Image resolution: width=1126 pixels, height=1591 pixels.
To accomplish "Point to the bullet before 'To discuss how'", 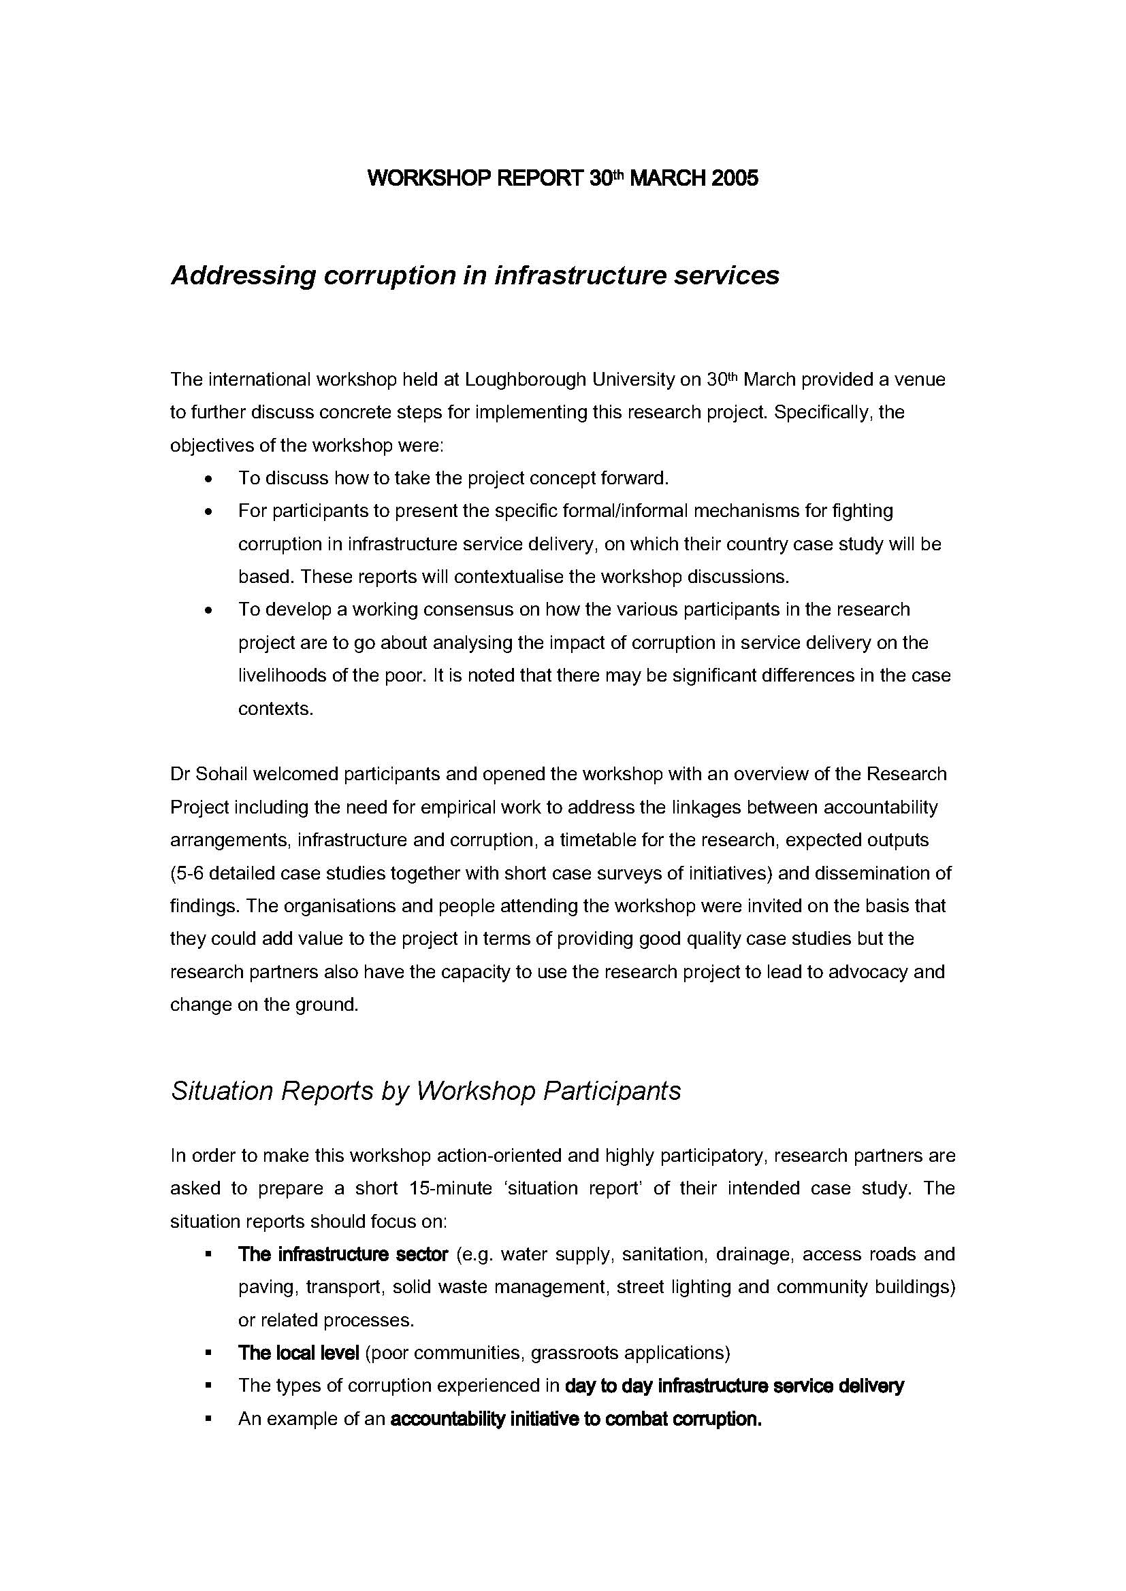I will click(209, 479).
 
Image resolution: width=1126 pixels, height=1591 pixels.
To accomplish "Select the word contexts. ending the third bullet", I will click(275, 709).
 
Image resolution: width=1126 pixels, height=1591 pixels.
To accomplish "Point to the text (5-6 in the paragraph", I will click(187, 873).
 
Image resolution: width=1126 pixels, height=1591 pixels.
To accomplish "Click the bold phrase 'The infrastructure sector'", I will click(343, 1254).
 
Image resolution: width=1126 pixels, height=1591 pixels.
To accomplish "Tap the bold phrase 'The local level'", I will click(298, 1353).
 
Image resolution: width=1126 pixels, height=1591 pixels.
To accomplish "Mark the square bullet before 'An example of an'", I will click(208, 1419).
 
